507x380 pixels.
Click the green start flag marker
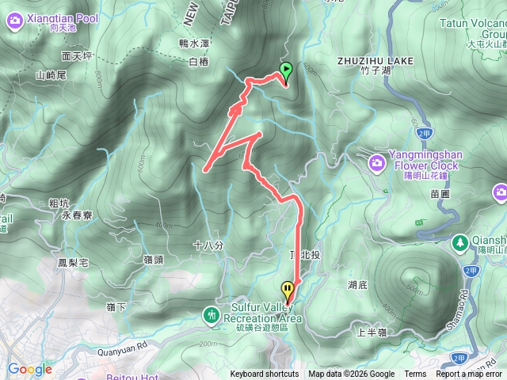(x=286, y=70)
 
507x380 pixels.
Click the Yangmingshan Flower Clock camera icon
(x=378, y=162)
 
